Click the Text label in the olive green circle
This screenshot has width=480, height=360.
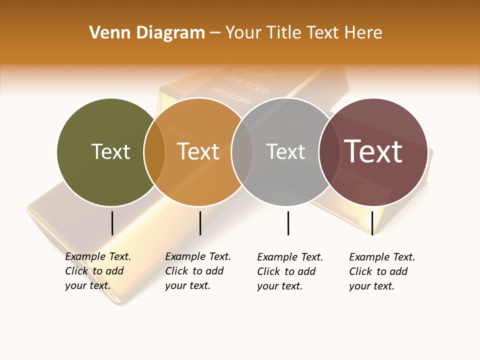pyautogui.click(x=110, y=151)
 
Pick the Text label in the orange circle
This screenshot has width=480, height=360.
pyautogui.click(x=198, y=151)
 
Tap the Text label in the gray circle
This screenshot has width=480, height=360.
pyautogui.click(x=285, y=151)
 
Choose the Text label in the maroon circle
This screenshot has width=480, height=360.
pyautogui.click(x=373, y=151)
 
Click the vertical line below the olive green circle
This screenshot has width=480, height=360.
pyautogui.click(x=112, y=223)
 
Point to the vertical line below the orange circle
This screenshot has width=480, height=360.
pyautogui.click(x=200, y=223)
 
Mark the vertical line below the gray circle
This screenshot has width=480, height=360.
pyautogui.click(x=288, y=223)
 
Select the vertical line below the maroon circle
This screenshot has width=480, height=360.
pyautogui.click(x=372, y=223)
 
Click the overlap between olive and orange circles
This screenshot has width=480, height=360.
pyautogui.click(x=154, y=152)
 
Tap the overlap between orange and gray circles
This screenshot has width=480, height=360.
pyautogui.click(x=242, y=152)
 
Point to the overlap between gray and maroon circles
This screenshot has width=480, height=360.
pyautogui.click(x=329, y=152)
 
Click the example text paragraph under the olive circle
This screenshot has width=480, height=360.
pyautogui.click(x=97, y=271)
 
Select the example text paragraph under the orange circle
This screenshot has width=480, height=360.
pyautogui.click(x=197, y=271)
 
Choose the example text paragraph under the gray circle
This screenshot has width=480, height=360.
pyautogui.click(x=289, y=271)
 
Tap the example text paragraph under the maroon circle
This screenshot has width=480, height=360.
pyautogui.click(x=381, y=271)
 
